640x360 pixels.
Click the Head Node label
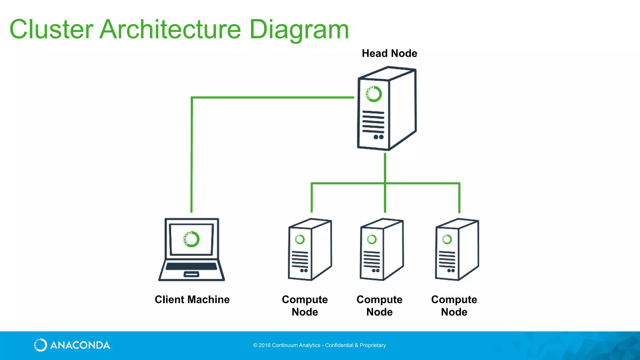(389, 53)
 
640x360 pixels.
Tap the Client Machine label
(192, 299)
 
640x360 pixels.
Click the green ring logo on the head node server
(374, 94)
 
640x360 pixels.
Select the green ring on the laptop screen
(191, 239)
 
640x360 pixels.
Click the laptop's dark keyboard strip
(191, 266)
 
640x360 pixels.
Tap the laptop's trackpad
(191, 274)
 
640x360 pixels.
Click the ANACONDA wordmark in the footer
(80, 345)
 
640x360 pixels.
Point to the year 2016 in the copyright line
(264, 345)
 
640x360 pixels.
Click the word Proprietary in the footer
(372, 345)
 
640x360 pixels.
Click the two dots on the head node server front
(378, 137)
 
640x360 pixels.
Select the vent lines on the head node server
(373, 122)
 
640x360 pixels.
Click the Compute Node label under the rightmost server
(454, 306)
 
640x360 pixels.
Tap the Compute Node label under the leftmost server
(305, 306)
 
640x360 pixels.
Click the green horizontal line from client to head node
(272, 97)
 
